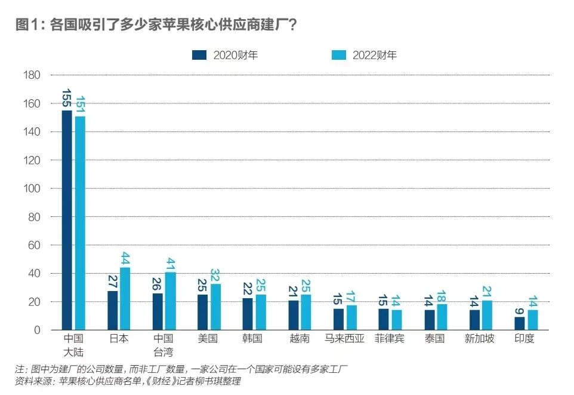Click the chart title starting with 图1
pyautogui.click(x=157, y=26)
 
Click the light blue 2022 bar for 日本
pyautogui.click(x=125, y=299)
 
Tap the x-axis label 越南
pyautogui.click(x=298, y=339)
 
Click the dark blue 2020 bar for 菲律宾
pyautogui.click(x=383, y=319)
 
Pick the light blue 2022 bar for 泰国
pyautogui.click(x=442, y=317)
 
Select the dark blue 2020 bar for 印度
pyautogui.click(x=519, y=323)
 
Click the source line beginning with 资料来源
pyautogui.click(x=128, y=381)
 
